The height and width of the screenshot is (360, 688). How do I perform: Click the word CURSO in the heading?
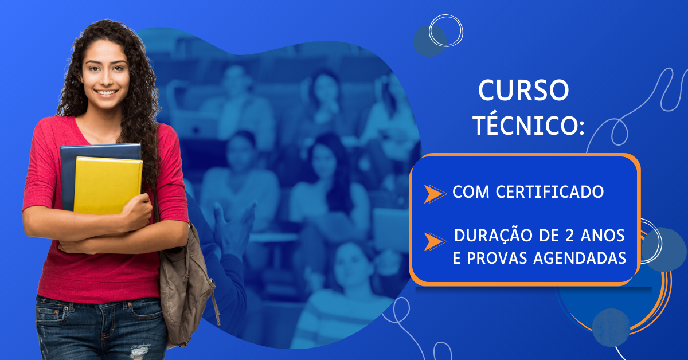point(523,91)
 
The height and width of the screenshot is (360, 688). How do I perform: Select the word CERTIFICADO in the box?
point(550,192)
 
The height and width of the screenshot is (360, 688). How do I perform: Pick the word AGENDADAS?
point(580,258)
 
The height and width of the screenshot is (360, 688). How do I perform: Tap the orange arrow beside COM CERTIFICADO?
point(435,194)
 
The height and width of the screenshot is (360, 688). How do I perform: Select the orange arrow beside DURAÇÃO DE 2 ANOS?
point(435,242)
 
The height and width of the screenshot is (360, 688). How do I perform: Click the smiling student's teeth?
point(106,92)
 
